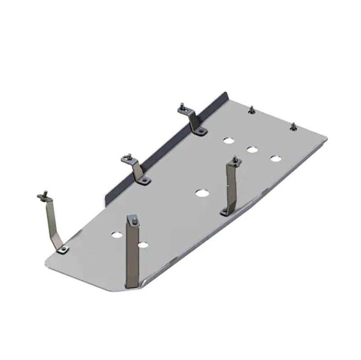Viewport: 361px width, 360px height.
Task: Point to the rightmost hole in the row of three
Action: click(x=275, y=159)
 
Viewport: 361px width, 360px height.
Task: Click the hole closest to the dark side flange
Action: click(x=229, y=140)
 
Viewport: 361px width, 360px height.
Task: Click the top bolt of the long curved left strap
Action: click(x=44, y=195)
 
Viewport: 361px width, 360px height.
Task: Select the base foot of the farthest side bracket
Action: click(x=200, y=131)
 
